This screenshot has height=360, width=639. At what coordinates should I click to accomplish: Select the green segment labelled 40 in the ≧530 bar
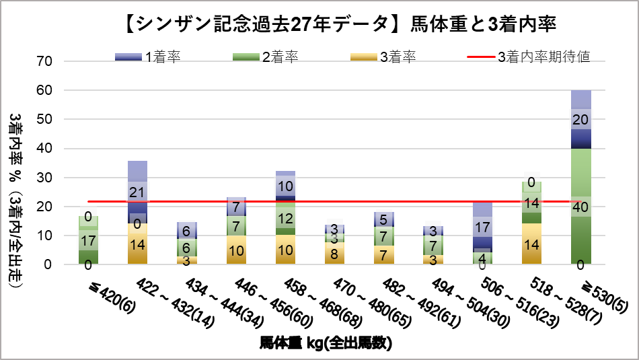(x=582, y=207)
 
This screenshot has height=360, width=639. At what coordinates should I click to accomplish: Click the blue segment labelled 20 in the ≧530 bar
(x=582, y=120)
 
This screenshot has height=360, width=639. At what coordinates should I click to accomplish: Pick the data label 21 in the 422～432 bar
(x=137, y=193)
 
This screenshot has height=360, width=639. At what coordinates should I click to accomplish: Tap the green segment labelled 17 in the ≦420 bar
(x=88, y=240)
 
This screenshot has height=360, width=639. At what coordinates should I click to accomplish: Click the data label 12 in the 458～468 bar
(x=285, y=218)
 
